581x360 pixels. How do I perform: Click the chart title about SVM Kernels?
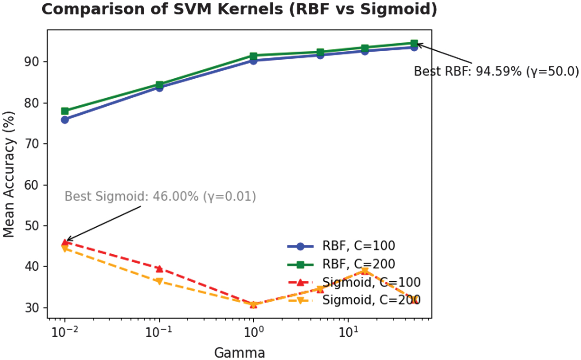(239, 9)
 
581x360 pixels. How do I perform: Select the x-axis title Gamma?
(239, 352)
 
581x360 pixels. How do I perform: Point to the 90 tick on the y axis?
(35, 62)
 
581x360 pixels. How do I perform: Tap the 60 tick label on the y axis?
(35, 185)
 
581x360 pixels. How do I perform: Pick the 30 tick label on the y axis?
(35, 307)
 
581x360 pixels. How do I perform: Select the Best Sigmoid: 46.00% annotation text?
(160, 196)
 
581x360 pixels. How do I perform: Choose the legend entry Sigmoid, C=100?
(371, 282)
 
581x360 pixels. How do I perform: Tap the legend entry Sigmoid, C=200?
(371, 300)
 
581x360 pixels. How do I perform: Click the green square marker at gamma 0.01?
(65, 111)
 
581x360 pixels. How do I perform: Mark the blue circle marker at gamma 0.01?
(65, 120)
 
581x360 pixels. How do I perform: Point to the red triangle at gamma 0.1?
(159, 269)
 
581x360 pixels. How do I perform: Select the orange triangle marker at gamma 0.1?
(159, 281)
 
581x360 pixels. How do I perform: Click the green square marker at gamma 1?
(253, 56)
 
